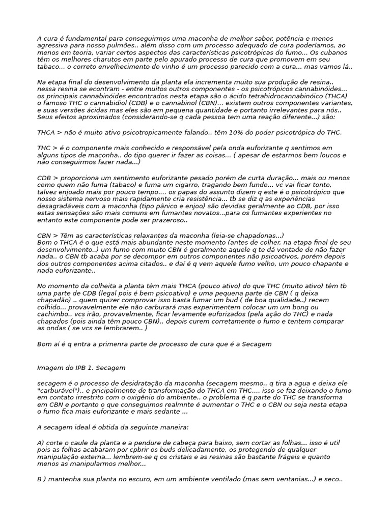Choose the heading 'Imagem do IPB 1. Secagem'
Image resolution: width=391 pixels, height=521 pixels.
point(81,367)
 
